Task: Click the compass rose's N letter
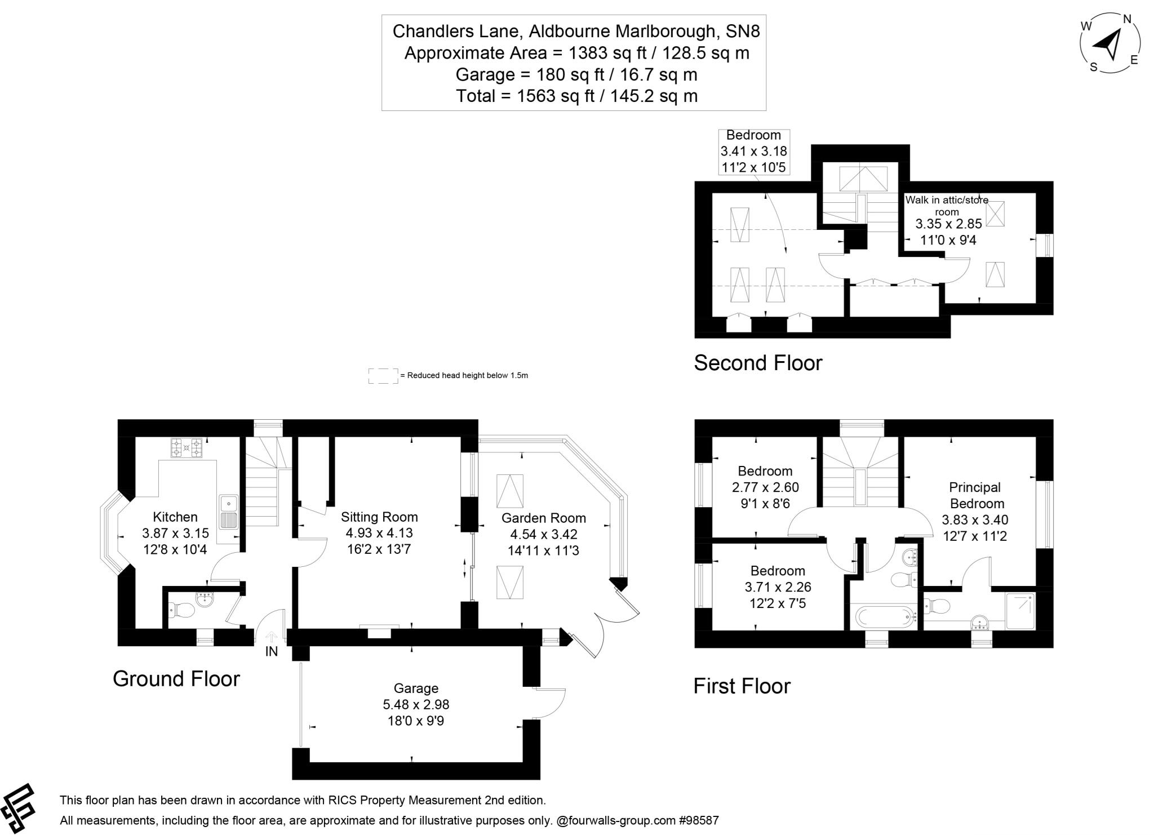tap(1128, 19)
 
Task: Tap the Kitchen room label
tap(175, 517)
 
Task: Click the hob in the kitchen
tap(186, 448)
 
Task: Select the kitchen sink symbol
tap(229, 512)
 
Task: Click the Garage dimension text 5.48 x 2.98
tap(416, 704)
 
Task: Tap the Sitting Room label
tap(379, 517)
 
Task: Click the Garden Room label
tap(543, 518)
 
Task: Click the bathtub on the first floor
tap(883, 617)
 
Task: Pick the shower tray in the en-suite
tap(1020, 610)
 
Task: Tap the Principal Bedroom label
tap(976, 495)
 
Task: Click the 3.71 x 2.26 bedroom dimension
tap(778, 587)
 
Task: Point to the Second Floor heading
tap(758, 363)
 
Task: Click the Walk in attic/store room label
tap(947, 206)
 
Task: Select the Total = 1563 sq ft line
tap(576, 96)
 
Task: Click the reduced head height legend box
tap(383, 376)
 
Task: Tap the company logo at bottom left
tap(18, 808)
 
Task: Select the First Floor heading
tap(742, 686)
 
